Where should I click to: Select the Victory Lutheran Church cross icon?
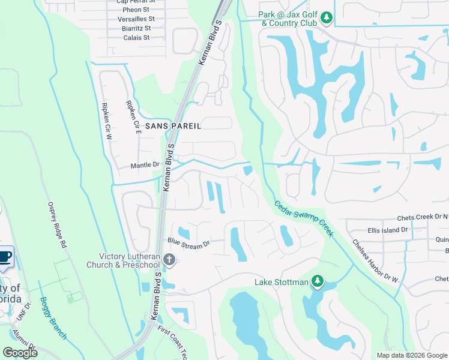170,259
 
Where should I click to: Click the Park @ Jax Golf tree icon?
327,18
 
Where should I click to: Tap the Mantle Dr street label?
145,165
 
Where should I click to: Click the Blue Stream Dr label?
188,244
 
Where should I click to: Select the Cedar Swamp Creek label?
304,218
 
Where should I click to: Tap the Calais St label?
136,37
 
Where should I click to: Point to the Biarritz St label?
135,28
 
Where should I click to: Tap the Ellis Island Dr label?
387,229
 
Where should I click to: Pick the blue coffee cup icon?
5,256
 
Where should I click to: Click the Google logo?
20,353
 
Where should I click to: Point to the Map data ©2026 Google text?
411,355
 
